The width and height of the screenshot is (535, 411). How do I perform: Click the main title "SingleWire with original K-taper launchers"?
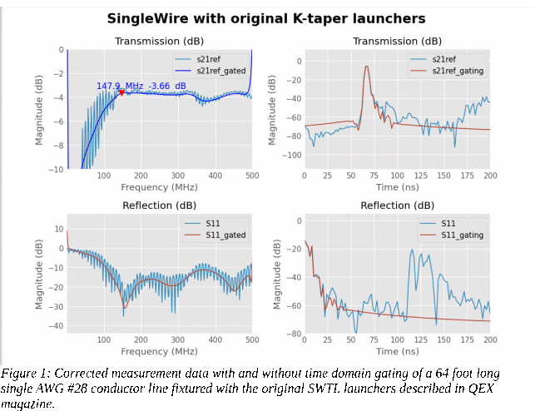click(266, 17)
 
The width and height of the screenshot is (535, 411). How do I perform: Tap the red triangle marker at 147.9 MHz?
click(122, 92)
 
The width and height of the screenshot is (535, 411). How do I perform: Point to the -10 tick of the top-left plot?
click(57, 169)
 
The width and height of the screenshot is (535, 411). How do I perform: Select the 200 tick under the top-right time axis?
click(490, 176)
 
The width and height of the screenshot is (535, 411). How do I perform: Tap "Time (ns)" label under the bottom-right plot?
click(397, 352)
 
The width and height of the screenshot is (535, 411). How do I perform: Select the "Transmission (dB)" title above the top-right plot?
click(397, 41)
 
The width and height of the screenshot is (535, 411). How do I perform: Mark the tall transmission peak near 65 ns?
click(366, 67)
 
